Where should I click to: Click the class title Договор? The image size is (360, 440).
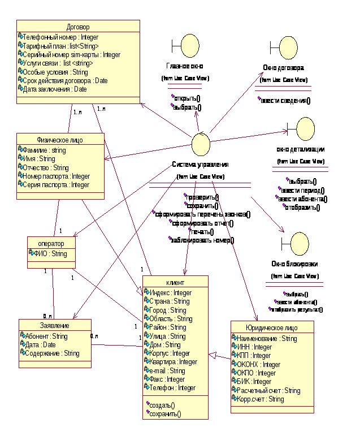(78, 27)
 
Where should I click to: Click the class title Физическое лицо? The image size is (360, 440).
(60, 140)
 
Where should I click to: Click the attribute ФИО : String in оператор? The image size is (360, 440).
(51, 254)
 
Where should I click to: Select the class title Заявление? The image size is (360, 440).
(55, 326)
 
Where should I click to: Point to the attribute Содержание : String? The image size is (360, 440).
(52, 353)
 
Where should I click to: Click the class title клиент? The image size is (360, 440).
(175, 282)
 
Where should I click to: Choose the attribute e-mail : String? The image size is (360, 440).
(168, 370)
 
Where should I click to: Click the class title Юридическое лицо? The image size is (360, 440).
(272, 328)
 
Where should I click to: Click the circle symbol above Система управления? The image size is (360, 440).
(201, 144)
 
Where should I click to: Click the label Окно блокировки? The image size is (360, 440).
(294, 264)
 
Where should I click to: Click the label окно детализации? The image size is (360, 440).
(300, 149)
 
